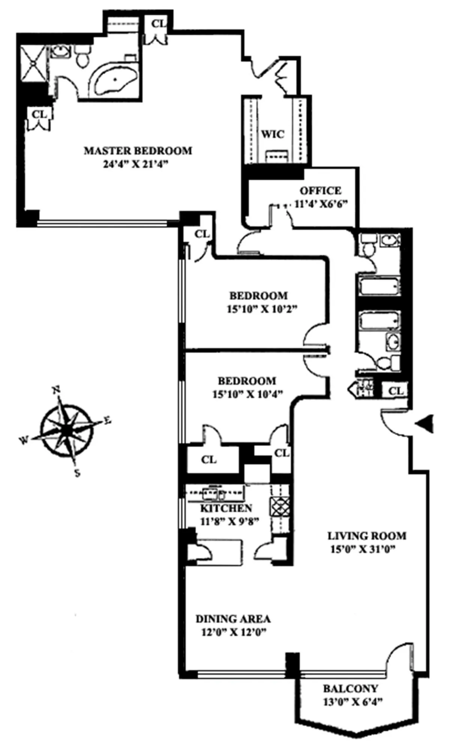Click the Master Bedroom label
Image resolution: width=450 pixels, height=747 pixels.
point(138,151)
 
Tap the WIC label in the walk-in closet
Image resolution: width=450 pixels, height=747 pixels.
point(273,134)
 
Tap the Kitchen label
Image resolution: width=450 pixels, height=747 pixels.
point(226,508)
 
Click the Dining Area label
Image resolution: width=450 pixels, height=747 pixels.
point(233,619)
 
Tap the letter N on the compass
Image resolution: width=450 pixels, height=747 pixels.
point(56,390)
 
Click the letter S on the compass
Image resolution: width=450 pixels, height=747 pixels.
point(77,473)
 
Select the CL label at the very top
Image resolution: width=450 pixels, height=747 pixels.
point(158,23)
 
